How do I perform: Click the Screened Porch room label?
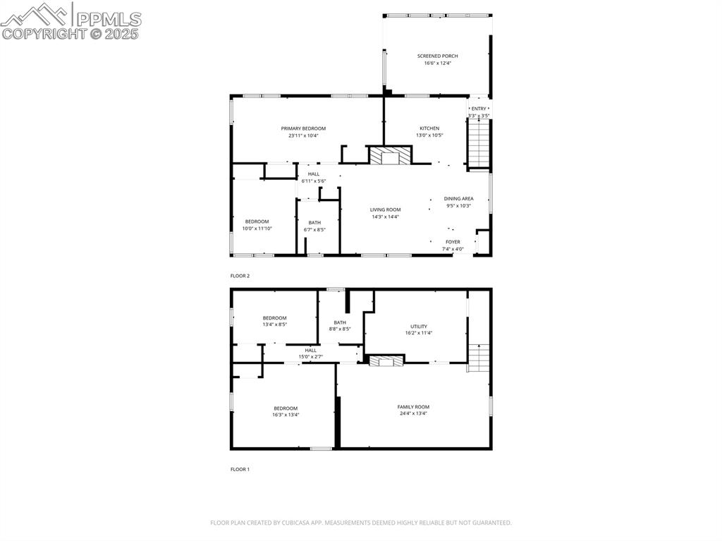pos(437,56)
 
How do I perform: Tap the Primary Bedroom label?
pos(303,128)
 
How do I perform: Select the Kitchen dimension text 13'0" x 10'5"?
pos(429,135)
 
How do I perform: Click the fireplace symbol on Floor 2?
pos(390,156)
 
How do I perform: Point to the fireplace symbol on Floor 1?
pos(387,361)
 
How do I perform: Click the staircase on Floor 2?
pos(479,144)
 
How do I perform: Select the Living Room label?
pos(386,209)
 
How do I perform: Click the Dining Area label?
pos(458,199)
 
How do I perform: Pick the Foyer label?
pos(453,242)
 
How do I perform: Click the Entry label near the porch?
pos(479,109)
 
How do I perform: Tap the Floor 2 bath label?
pos(314,223)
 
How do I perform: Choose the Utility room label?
pos(419,327)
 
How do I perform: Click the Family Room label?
pos(413,407)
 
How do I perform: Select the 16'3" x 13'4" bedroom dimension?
pos(286,415)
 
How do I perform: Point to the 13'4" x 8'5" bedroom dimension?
pos(274,324)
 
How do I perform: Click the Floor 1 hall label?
pos(310,350)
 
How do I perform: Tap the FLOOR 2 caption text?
pos(240,276)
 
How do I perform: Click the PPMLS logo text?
pos(108,19)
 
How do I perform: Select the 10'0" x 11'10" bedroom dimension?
pos(257,229)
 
